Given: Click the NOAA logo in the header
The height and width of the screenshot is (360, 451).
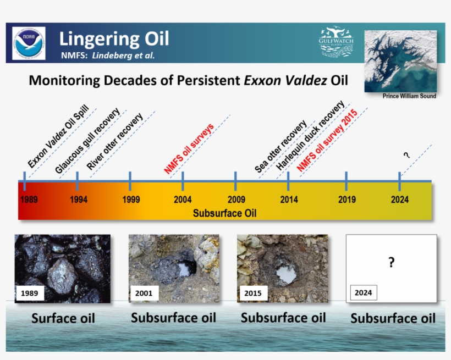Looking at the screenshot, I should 29,43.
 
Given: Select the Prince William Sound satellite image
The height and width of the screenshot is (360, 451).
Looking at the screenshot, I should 400,60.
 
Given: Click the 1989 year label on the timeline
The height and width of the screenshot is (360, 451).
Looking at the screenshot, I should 29,200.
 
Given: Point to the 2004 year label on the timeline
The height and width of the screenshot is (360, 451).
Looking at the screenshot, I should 183,200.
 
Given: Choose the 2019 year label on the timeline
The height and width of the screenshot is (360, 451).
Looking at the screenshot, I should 346,200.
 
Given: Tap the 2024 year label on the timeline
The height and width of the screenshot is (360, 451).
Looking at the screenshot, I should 400,200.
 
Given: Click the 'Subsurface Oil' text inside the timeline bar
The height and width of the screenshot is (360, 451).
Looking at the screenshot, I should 224,213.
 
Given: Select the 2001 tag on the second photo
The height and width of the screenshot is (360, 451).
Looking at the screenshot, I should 144,293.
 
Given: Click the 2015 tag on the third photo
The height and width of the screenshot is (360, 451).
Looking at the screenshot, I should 252,293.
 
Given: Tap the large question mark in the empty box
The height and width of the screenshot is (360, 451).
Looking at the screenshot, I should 391,263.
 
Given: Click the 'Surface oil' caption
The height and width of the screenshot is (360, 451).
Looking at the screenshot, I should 63,318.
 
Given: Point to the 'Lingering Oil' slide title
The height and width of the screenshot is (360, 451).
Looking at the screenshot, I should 114,39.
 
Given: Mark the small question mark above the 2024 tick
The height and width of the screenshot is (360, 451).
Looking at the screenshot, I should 406,155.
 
